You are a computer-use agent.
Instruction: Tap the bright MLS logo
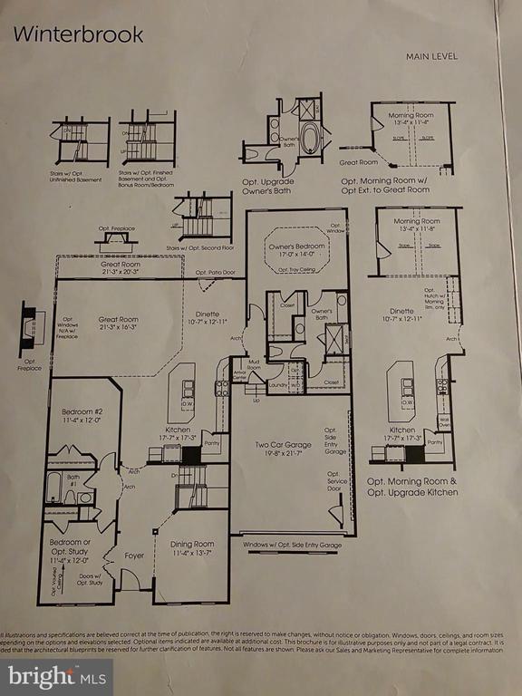pos(56,676)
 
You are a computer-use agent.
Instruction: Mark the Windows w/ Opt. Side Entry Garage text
pos(292,546)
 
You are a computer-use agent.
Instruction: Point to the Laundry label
pos(278,384)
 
